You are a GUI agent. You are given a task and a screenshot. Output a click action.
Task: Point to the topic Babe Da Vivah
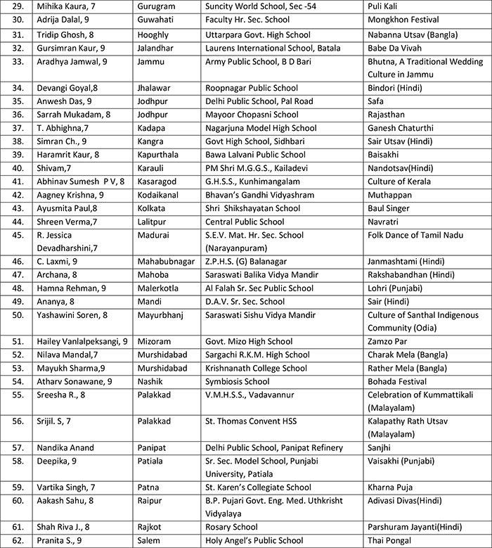point(396,48)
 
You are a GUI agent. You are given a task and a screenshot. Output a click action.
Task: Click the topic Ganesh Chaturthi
point(401,128)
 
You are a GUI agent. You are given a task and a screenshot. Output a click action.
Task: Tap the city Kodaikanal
point(161,195)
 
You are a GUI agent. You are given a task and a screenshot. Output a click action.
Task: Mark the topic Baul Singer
point(391,208)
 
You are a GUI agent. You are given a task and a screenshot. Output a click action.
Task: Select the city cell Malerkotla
point(160,288)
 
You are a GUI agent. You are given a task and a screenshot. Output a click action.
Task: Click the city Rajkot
point(151,528)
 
